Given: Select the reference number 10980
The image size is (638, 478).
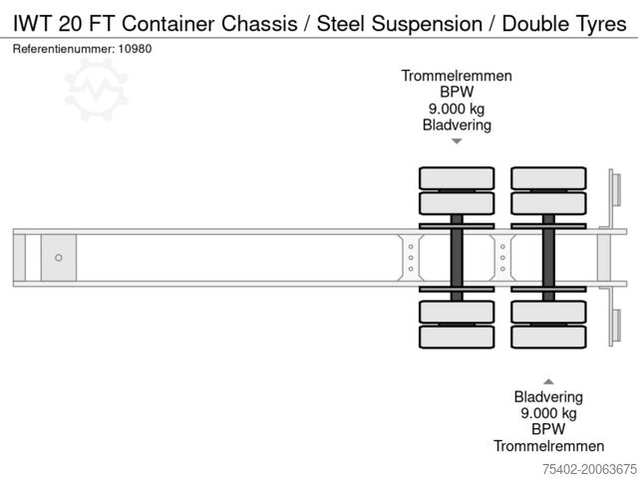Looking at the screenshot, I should tap(136, 48).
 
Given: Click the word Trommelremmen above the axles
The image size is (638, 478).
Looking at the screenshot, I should tap(457, 76).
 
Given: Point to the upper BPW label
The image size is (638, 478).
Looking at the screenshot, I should tap(457, 93).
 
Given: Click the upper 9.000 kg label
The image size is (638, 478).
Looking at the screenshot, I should tap(457, 110).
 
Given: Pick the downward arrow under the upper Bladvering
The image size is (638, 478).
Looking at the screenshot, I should tap(457, 141).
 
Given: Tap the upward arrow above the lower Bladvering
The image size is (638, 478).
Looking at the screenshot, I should tap(548, 380).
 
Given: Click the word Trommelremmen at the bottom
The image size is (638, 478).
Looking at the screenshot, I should tap(548, 446).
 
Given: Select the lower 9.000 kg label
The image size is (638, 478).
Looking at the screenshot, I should tap(548, 412).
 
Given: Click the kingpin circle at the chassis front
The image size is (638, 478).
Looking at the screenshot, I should tap(59, 258).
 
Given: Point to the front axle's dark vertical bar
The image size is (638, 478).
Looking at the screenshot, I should tap(457, 257).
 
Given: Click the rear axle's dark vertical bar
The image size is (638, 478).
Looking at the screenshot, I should tap(548, 257).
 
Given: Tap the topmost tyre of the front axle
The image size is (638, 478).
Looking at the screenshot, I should tap(457, 178).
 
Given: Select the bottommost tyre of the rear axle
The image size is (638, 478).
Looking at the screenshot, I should tap(548, 338).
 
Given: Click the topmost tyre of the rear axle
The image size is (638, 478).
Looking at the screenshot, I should tap(548, 178).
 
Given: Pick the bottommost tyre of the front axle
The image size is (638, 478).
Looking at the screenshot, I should tap(457, 338).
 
